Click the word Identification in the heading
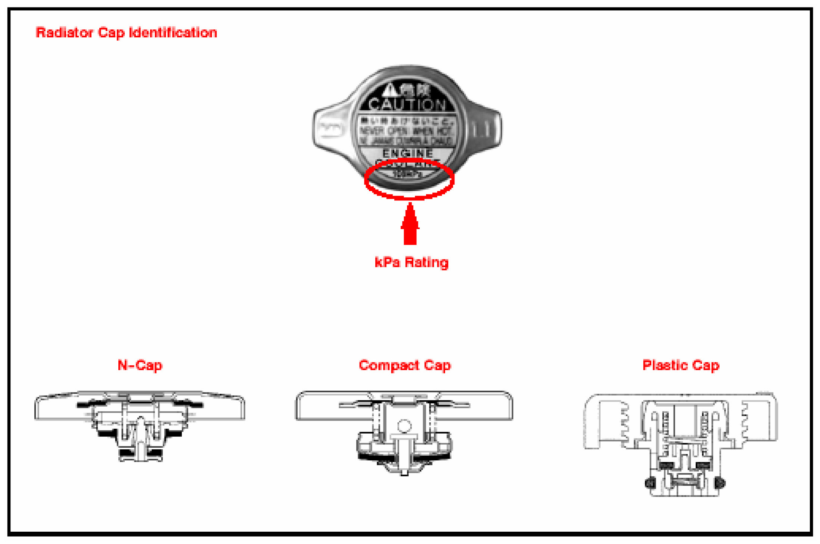pyautogui.click(x=173, y=33)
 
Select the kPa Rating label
pyautogui.click(x=411, y=263)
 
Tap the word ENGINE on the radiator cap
pyautogui.click(x=408, y=153)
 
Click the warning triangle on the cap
pyautogui.click(x=390, y=89)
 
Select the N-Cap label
pyautogui.click(x=140, y=365)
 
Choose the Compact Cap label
pyautogui.click(x=405, y=365)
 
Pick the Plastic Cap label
pyautogui.click(x=681, y=365)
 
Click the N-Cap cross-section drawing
pyautogui.click(x=140, y=425)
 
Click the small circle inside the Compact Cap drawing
pyautogui.click(x=404, y=426)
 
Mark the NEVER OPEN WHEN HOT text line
pyautogui.click(x=406, y=131)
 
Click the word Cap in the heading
pyautogui.click(x=111, y=33)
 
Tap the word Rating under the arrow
pyautogui.click(x=426, y=263)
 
